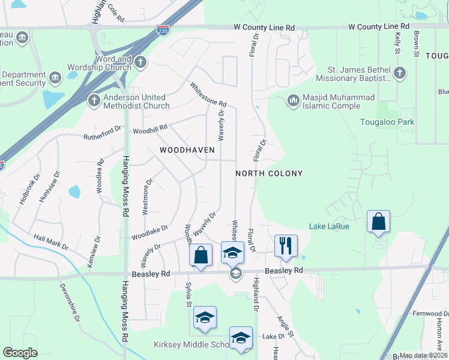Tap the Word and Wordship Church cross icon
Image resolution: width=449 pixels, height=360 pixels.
[x=140, y=62]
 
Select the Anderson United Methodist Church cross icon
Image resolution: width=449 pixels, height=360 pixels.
[x=94, y=100]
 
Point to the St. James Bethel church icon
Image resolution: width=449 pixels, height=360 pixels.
[x=400, y=73]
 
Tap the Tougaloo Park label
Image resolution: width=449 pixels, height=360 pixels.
[x=387, y=122]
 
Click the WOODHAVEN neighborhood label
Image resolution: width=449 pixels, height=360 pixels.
[x=187, y=149]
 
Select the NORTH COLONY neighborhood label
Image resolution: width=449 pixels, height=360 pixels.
[x=268, y=173]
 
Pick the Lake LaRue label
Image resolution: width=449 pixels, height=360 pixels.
[x=329, y=226]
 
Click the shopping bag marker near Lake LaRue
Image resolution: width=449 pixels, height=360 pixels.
[x=379, y=222]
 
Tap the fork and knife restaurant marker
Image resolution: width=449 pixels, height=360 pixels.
[x=286, y=245]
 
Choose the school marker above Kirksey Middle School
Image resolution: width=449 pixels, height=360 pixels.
[x=205, y=318]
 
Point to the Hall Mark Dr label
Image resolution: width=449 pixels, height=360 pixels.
[x=51, y=242]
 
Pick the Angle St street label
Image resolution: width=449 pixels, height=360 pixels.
[x=285, y=326]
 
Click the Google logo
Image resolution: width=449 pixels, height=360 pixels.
[x=20, y=353]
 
